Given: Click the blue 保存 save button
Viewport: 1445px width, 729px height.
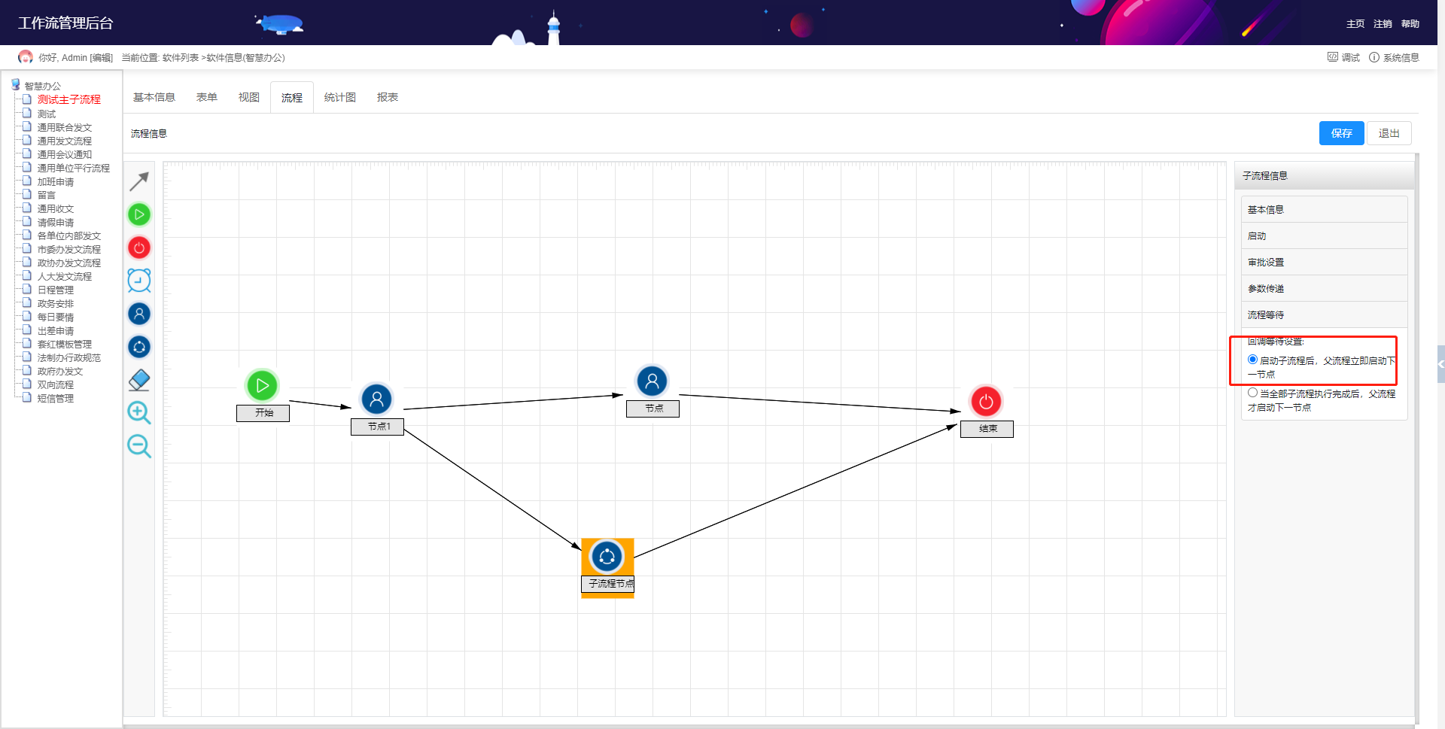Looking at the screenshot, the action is (1341, 133).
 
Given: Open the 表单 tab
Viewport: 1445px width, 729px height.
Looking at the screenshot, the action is (207, 97).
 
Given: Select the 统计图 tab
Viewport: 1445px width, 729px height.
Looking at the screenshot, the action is (340, 97).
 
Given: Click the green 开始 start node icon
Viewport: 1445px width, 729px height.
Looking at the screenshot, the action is (262, 386).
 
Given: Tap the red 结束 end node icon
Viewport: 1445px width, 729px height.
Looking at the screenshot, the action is (986, 402).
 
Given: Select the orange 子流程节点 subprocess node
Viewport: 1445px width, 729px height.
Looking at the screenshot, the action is (607, 568).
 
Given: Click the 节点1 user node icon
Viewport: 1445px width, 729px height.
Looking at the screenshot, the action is (376, 399).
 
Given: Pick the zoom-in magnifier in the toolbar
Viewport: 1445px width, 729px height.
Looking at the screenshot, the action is (139, 413).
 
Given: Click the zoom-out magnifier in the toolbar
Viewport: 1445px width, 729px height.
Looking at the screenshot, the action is (139, 446).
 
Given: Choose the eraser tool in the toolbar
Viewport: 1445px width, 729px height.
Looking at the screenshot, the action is (139, 380).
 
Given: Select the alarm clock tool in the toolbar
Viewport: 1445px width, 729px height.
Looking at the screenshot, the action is (139, 281).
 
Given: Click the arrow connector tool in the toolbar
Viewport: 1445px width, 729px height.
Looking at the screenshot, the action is (139, 181).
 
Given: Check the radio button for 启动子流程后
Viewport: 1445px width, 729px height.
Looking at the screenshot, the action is (1252, 360).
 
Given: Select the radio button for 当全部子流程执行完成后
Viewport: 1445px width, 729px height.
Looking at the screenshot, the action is (1252, 393).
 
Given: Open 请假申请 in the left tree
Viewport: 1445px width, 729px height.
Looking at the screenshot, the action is (56, 223).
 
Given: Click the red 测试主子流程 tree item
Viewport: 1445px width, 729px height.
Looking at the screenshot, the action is (69, 99).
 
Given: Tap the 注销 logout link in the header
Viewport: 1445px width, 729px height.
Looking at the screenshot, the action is (1383, 24).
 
